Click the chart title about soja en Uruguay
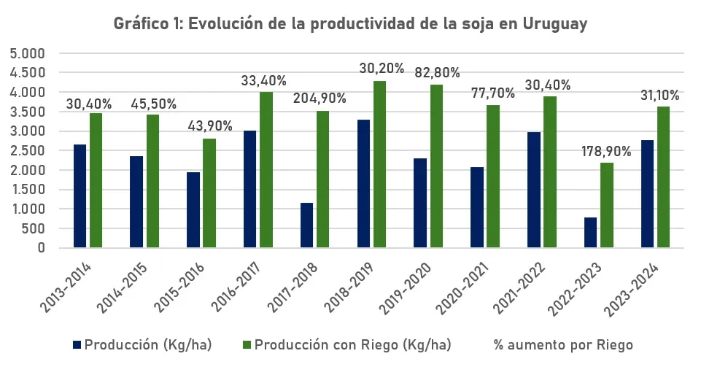350,23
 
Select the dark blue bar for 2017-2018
306,225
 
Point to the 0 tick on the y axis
42,248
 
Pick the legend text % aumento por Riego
563,344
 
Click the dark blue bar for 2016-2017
249,190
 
